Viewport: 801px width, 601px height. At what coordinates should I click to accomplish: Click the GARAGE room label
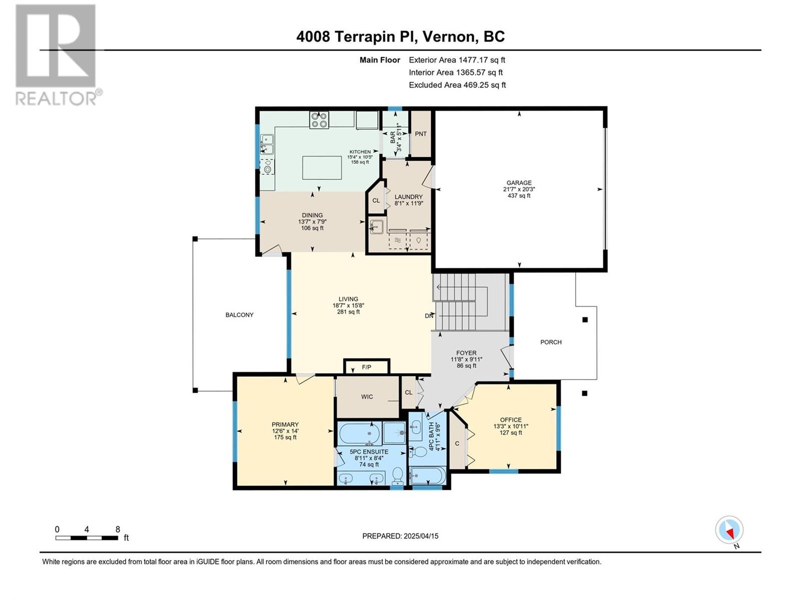tap(519, 183)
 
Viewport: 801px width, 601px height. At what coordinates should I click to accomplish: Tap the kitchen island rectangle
tap(322, 168)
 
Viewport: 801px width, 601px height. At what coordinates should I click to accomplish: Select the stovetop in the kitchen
tap(319, 120)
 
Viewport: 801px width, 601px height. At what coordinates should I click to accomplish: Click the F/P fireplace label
tap(366, 367)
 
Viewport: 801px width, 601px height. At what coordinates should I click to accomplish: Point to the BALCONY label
tap(239, 315)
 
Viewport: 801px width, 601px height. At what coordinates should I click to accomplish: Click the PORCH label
tap(551, 342)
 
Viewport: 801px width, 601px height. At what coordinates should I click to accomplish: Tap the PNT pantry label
tap(421, 134)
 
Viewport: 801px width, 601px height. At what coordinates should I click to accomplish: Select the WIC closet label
tap(367, 397)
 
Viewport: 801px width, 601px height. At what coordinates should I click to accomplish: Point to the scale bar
tap(87, 538)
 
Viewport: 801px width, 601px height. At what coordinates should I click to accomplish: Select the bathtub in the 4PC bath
tap(428, 475)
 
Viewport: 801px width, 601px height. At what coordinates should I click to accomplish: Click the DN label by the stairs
tap(429, 316)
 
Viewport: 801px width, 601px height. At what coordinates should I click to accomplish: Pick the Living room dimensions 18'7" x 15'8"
tap(348, 306)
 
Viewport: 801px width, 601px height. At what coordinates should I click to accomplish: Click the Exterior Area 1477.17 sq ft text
tap(457, 60)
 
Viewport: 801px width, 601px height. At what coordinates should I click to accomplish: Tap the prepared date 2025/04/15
tap(421, 536)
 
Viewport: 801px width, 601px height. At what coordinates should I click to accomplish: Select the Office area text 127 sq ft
tap(511, 433)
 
